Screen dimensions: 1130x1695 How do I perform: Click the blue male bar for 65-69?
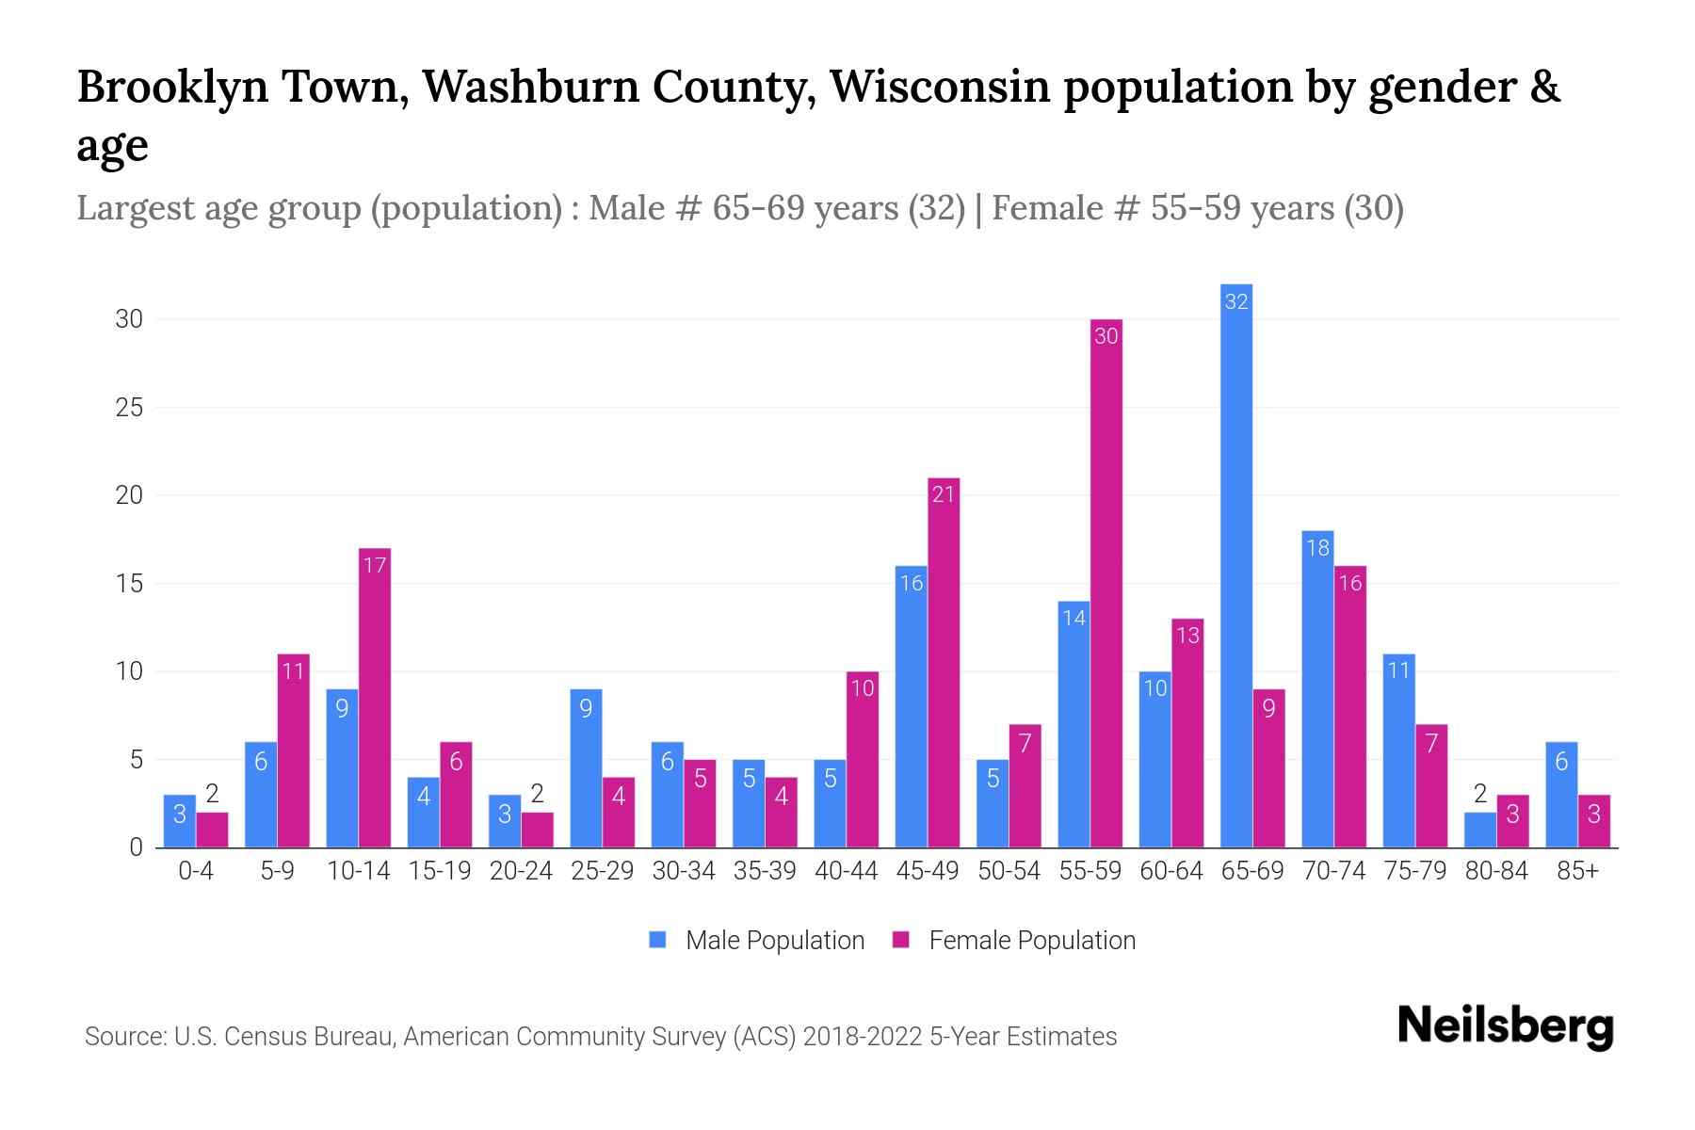coord(1236,565)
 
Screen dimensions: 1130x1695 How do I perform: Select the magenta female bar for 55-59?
coord(1106,584)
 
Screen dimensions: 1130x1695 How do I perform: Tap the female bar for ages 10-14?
coord(375,697)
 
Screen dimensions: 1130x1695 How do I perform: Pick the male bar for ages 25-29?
coord(586,767)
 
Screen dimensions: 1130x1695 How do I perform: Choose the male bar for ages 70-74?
coord(1317,688)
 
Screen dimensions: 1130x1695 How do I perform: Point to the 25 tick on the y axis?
coord(129,408)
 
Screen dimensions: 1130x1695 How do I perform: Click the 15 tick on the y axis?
coord(129,584)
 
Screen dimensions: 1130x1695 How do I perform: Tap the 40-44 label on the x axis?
coord(846,871)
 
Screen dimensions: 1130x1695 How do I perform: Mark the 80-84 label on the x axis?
coord(1496,871)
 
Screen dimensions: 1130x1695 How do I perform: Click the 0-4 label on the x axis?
coord(196,871)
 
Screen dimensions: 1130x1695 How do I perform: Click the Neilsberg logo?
coord(1505,1026)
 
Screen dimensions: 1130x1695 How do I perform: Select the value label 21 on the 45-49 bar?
coord(944,494)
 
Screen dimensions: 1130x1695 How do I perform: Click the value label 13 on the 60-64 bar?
coord(1187,636)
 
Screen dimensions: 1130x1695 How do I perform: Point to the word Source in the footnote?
coord(123,1037)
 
